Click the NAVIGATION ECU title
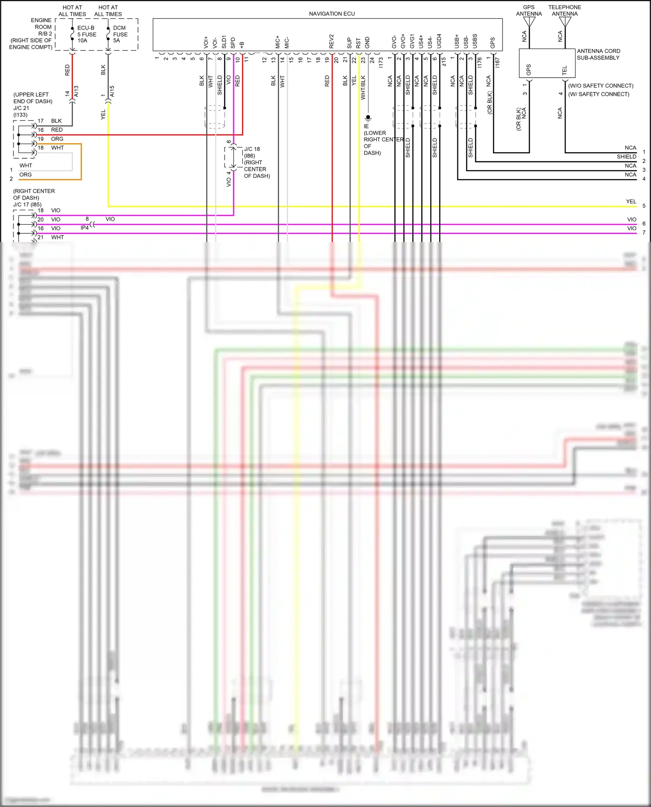[332, 14]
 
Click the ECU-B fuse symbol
[72, 34]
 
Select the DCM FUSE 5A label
[120, 34]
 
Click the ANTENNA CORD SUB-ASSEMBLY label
[598, 54]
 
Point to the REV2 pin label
[332, 42]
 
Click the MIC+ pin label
[278, 42]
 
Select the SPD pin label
[233, 43]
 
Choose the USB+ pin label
[457, 42]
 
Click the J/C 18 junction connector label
[252, 149]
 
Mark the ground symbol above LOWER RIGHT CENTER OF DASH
[368, 118]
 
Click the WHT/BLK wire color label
[363, 88]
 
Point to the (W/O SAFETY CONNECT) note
[601, 86]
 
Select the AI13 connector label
[76, 91]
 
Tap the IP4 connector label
[85, 228]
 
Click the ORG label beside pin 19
[57, 139]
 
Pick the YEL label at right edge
[631, 202]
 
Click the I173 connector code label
[381, 62]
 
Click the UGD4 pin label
[439, 41]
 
